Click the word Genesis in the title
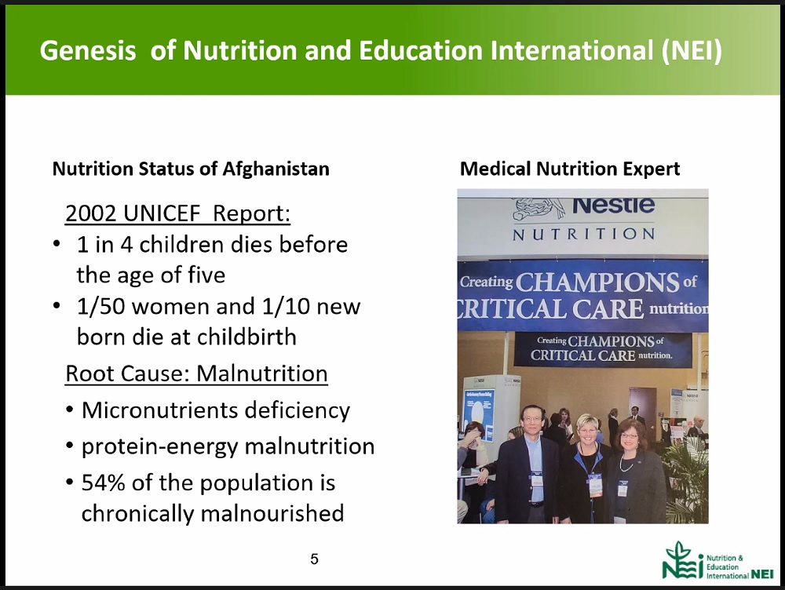coord(88,50)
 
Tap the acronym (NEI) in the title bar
coord(692,50)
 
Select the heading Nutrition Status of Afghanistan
coord(191,169)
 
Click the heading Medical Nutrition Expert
coord(570,169)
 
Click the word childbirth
coord(246,337)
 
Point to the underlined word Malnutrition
coord(262,373)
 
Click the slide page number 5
coord(315,559)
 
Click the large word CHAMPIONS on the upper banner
coord(597,282)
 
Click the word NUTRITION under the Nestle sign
coord(584,235)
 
